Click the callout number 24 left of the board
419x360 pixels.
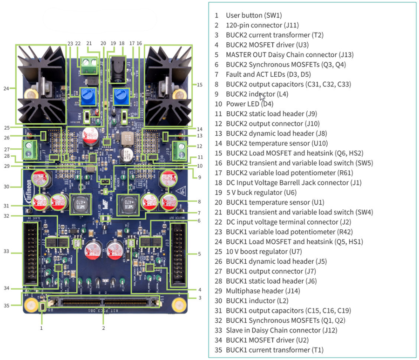coord(6,88)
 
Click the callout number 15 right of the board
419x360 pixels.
coord(200,85)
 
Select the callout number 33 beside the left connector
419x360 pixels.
coord(6,251)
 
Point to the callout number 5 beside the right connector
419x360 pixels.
coord(200,254)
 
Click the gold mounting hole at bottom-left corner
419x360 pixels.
coord(31,305)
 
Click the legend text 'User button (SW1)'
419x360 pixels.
coord(254,15)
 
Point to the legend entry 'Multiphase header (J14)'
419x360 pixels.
coord(263,291)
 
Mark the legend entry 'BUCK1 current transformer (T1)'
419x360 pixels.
coord(274,350)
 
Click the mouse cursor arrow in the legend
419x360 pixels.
coord(262,97)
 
